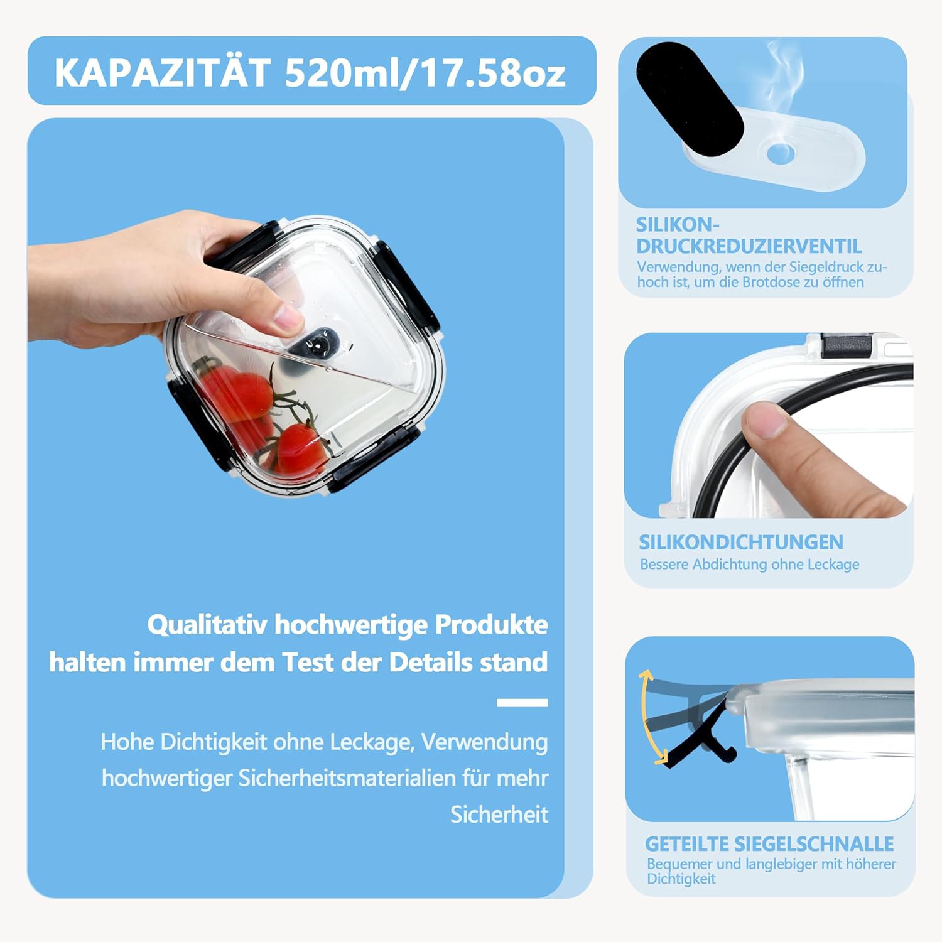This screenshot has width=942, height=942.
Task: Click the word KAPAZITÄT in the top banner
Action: [x=163, y=73]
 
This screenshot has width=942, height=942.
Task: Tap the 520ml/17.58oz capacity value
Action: [x=425, y=73]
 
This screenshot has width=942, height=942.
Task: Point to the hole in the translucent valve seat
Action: [x=781, y=153]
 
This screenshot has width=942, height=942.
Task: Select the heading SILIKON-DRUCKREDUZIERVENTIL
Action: [x=749, y=235]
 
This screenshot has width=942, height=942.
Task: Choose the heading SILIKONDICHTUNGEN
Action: [x=741, y=542]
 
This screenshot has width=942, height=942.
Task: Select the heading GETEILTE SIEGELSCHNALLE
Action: [x=769, y=843]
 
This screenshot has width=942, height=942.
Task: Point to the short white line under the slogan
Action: [x=522, y=703]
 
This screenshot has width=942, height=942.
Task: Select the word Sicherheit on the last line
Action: [x=499, y=815]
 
